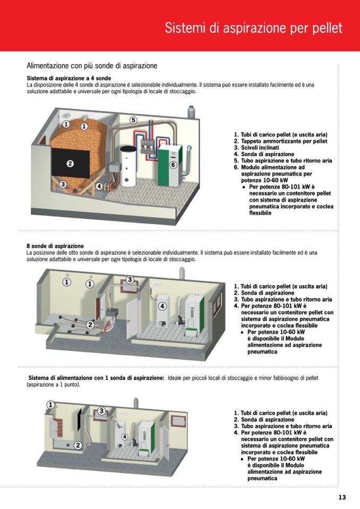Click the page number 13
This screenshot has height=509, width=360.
click(342, 497)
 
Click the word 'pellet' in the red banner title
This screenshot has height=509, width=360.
click(325, 28)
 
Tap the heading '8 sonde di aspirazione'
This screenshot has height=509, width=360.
click(55, 246)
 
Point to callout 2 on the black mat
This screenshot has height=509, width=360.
click(70, 163)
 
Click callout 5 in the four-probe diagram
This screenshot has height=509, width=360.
click(133, 120)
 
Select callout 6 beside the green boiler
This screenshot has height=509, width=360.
click(173, 165)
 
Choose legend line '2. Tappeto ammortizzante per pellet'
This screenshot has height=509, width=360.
click(280, 141)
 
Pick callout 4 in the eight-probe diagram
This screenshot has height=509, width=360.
click(162, 306)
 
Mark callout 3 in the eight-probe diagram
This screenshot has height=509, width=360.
click(129, 280)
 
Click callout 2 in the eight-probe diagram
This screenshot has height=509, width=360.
click(90, 324)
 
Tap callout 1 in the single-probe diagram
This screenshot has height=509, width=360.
click(50, 404)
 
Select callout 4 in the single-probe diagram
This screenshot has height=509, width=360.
click(125, 436)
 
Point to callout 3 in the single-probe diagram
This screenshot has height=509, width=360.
click(101, 411)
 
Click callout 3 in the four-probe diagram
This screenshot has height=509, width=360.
click(63, 184)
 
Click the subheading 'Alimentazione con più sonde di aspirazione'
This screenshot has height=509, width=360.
click(92, 66)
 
